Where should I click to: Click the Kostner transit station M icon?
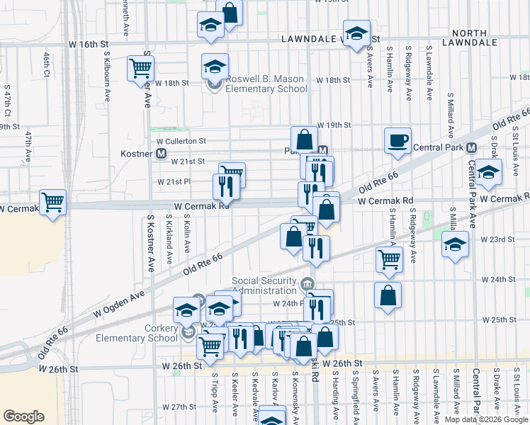coord(162,153)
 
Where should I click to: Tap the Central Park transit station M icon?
coord(470,147)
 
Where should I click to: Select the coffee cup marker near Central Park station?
coord(397,140)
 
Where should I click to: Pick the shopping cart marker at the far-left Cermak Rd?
coord(52,203)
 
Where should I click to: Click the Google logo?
coord(24,416)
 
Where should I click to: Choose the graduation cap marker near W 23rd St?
coord(454,245)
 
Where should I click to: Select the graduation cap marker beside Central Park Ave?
coord(488,172)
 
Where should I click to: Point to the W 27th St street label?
coord(178,407)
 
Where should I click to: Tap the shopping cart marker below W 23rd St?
coord(389,260)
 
